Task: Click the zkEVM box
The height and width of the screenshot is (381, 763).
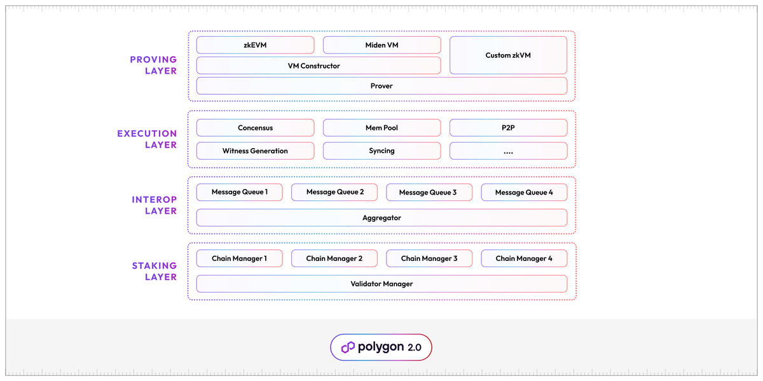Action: coord(255,45)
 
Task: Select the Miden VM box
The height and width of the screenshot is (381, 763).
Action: coord(381,45)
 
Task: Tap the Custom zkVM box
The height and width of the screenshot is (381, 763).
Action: coord(508,55)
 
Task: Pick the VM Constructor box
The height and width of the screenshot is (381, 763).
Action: coord(318,66)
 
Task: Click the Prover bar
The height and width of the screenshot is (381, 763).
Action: coord(381,86)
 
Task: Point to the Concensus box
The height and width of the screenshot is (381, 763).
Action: coord(255,128)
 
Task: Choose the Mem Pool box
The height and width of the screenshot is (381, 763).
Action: coord(381,128)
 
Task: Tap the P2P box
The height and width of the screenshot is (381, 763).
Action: coord(508,128)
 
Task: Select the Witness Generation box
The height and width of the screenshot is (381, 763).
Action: coord(255,151)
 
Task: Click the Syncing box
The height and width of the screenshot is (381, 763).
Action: coord(381,151)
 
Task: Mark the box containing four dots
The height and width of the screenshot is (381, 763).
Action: coord(508,151)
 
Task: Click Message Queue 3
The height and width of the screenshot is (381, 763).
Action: coord(428,192)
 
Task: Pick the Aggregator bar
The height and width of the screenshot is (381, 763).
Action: coord(381,218)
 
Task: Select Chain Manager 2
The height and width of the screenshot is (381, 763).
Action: coord(334,258)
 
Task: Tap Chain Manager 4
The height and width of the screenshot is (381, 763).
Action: coord(524,258)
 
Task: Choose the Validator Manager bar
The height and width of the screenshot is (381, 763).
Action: coord(381,284)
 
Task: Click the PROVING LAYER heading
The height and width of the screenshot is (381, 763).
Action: coord(153,66)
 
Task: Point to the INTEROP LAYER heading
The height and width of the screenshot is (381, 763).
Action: coord(154,205)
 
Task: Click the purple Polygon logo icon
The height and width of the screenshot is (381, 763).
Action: coord(348,347)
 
